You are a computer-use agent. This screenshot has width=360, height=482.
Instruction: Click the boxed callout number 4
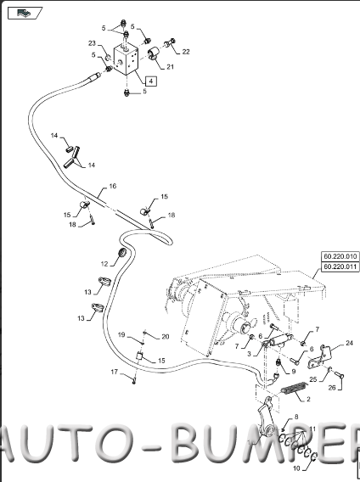pos(150,81)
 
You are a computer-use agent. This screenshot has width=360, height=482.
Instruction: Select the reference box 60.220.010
pos(340,256)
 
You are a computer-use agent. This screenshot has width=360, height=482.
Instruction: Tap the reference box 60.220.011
pos(340,266)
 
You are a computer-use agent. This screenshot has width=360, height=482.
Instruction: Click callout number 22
pos(186,52)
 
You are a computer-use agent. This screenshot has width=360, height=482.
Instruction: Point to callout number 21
pos(170,67)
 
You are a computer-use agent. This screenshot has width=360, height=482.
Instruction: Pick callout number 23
pos(92,43)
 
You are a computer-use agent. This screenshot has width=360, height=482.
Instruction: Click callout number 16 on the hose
pos(113,187)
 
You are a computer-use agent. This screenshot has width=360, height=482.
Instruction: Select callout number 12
pos(104,264)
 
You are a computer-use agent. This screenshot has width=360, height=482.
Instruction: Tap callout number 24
pos(349,343)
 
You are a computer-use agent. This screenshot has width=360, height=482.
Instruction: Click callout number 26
pos(332,388)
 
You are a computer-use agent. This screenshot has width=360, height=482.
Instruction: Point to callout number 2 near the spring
pos(308,400)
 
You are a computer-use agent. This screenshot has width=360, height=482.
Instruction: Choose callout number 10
pos(296,468)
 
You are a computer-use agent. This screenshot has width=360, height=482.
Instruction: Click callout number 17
pos(114,372)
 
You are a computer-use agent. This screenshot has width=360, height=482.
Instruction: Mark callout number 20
pos(166,337)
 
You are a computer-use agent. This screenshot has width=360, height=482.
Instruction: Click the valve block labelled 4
pos(126,59)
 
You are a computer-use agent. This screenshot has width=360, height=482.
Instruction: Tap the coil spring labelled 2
pos(294,388)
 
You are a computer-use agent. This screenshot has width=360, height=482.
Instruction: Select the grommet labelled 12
pos(122,253)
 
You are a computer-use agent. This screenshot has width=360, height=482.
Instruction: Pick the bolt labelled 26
pos(339,375)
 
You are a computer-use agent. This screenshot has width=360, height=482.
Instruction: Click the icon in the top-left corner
pos(25,13)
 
